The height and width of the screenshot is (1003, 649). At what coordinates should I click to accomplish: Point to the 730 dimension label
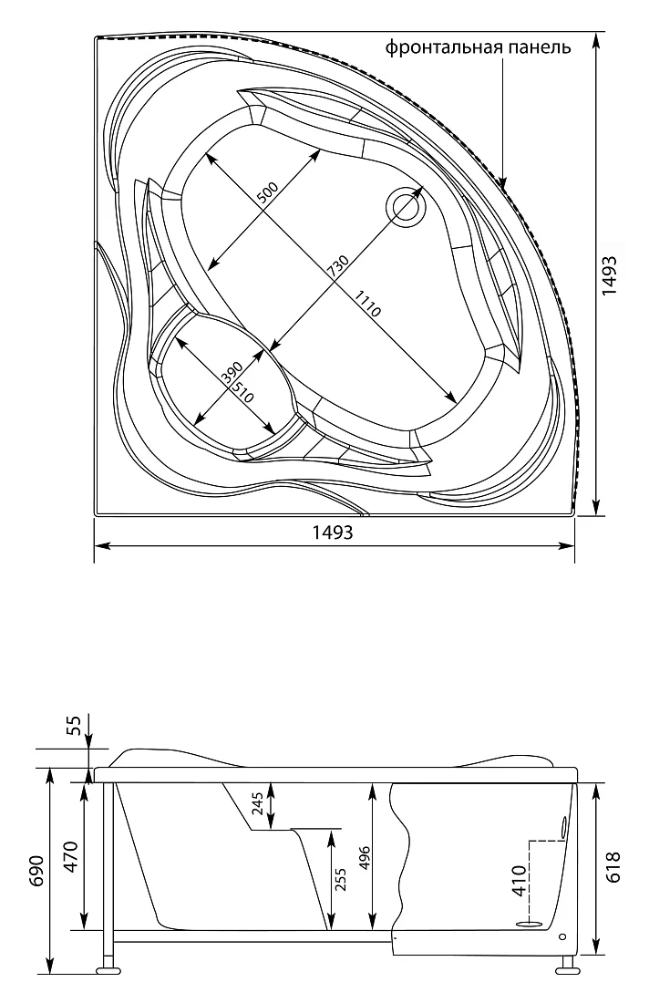pos(338,266)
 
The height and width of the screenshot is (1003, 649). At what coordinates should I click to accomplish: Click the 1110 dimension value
pos(367,304)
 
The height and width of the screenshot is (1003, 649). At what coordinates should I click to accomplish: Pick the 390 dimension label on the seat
pos(232,373)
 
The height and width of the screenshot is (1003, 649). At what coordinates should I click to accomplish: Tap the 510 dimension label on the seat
pos(242,392)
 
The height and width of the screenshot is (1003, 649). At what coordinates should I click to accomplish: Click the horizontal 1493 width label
pos(333,533)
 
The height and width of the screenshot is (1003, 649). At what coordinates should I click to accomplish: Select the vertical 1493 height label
pos(610,275)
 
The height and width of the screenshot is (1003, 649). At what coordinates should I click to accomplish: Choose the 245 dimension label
pos(257,802)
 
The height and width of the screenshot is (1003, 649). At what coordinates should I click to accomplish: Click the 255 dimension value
pos(340,881)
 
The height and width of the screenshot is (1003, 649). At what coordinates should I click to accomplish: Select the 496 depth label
pos(365,855)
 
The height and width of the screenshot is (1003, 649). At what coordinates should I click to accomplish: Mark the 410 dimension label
pos(520,882)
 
